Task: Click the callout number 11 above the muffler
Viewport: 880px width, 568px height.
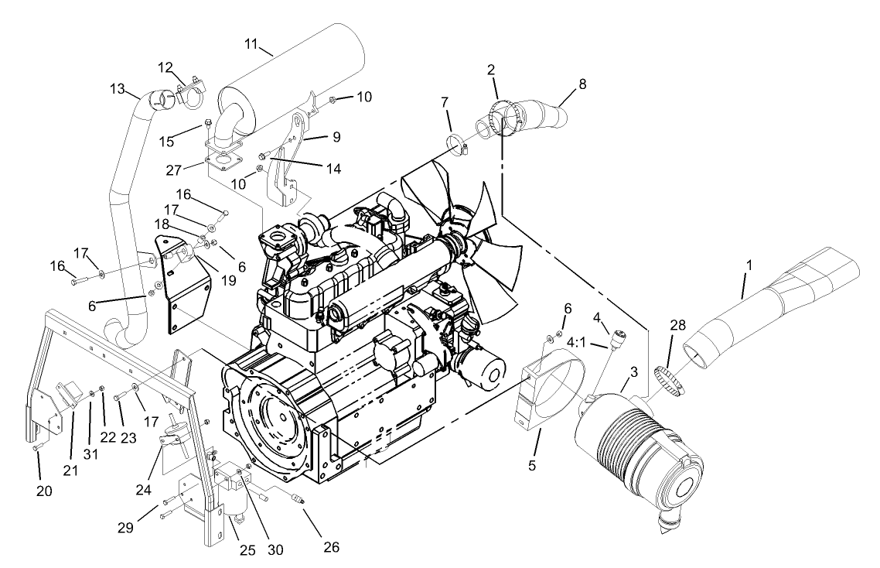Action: coord(250,43)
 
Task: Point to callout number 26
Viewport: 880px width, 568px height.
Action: coord(331,546)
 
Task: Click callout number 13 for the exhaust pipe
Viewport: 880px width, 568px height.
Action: coord(118,89)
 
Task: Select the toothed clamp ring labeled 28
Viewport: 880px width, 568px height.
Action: coord(667,379)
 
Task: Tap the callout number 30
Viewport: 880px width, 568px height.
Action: coord(275,550)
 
